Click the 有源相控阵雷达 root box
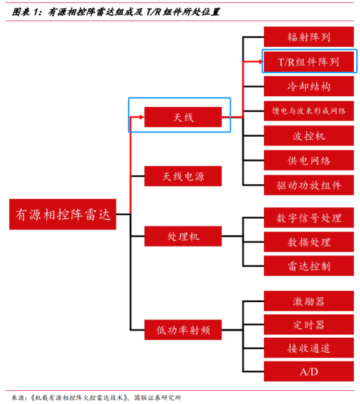point(62,214)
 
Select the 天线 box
point(183,117)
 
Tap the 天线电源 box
point(183,176)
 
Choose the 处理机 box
point(183,236)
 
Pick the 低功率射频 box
point(183,330)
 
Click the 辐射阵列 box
point(309,37)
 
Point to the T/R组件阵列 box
point(309,62)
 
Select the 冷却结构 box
point(309,86)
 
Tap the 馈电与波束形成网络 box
point(309,111)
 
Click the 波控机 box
point(309,135)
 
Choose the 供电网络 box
point(309,160)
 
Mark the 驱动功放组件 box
point(309,185)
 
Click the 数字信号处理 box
point(309,218)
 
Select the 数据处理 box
point(309,242)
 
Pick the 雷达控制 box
point(309,266)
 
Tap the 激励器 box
point(309,301)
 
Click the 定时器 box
point(309,325)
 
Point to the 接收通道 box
point(309,348)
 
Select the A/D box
point(309,372)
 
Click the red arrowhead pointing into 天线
point(142,117)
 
